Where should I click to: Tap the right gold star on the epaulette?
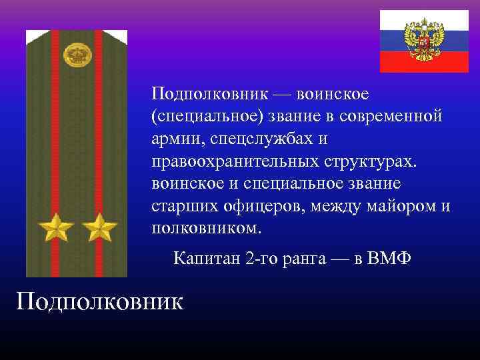pos(99,228)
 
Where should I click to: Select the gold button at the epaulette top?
pos(77,54)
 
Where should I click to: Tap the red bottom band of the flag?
pos(425,63)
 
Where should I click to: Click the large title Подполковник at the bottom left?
pos(99,301)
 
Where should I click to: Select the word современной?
pos(391,117)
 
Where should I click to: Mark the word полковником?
pos(207,229)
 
